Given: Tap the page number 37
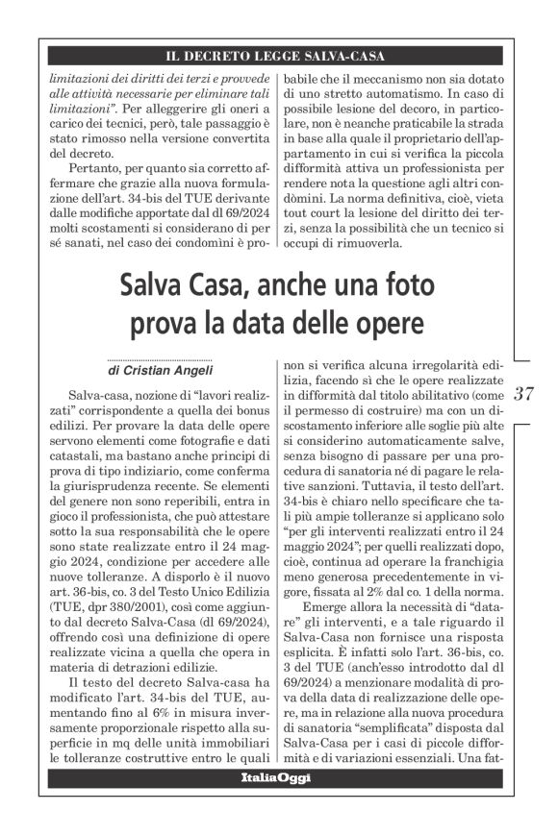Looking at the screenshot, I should [x=524, y=392].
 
